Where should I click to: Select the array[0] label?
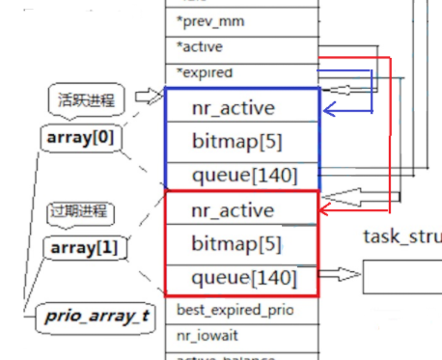(79, 138)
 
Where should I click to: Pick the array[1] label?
(79, 249)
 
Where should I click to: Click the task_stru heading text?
(401, 236)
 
